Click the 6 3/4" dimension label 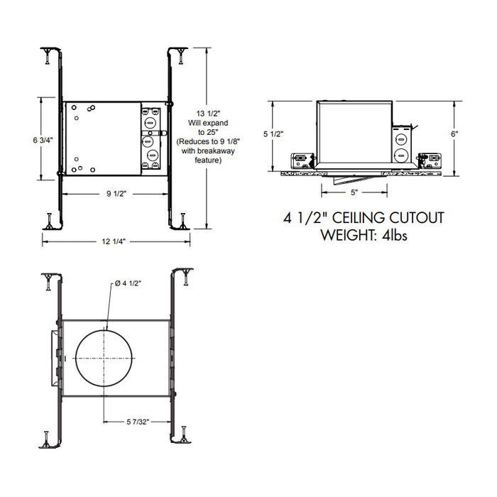click(x=43, y=140)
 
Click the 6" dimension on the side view click(x=454, y=133)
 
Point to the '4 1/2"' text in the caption click(x=303, y=217)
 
